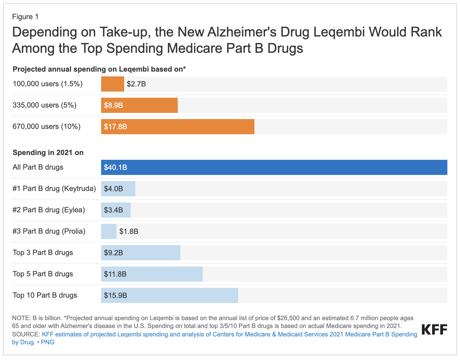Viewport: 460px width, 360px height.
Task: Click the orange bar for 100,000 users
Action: pos(112,84)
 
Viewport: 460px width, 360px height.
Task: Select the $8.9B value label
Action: pos(113,106)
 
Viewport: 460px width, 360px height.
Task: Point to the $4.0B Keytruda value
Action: pos(113,189)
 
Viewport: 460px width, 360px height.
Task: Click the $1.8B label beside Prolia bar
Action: pos(129,231)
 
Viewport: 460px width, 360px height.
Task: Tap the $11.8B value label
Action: pos(115,274)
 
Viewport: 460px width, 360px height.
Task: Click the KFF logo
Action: pos(434,329)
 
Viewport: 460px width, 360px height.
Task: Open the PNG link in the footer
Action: pos(47,342)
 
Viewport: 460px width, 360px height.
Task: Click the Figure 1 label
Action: pos(25,17)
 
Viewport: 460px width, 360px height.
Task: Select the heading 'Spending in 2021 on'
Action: pos(48,152)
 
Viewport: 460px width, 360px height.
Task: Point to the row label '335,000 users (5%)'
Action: pos(44,105)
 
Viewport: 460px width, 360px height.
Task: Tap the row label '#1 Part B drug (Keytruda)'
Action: pos(54,188)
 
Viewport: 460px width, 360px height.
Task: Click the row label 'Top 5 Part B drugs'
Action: pos(43,274)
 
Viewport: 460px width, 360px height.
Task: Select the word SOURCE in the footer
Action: pos(26,334)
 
